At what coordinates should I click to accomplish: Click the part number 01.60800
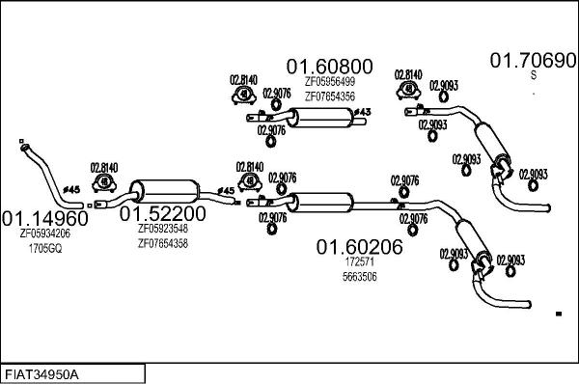(328, 67)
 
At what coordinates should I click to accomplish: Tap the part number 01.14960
(44, 217)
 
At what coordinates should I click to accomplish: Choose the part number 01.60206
(360, 247)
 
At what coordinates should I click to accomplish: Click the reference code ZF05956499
(329, 82)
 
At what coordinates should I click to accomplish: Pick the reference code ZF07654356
(329, 96)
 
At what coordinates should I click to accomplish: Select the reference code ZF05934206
(45, 233)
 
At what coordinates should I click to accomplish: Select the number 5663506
(359, 276)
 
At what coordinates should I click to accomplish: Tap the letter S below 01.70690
(533, 76)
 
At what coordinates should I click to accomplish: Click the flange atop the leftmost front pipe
(22, 147)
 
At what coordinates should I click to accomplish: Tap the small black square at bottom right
(559, 314)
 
